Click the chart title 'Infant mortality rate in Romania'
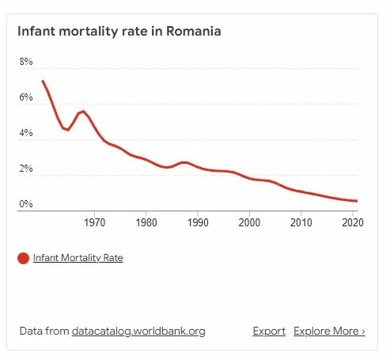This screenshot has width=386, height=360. (119, 32)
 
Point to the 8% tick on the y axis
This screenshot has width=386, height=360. (26, 62)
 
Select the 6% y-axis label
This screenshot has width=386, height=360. (26, 97)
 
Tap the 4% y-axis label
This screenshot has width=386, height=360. (26, 133)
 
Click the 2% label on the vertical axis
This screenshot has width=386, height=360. (26, 169)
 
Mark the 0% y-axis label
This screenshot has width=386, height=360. (26, 204)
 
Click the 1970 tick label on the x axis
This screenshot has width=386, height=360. (94, 222)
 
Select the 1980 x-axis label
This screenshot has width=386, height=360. (146, 222)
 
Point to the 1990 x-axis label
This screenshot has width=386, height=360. (198, 222)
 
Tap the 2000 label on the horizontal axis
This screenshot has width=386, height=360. (249, 222)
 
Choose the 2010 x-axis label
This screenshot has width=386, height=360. (301, 222)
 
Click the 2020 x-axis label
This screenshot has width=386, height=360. (352, 222)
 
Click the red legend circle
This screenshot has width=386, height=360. (24, 258)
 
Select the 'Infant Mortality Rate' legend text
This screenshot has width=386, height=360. (78, 258)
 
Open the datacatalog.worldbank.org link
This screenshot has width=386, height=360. (138, 331)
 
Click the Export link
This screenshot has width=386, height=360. (269, 331)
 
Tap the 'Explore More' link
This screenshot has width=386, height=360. (329, 331)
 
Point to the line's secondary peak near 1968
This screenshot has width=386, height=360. (82, 112)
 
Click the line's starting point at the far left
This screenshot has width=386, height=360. (43, 81)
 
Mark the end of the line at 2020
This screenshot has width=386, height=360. (357, 201)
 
